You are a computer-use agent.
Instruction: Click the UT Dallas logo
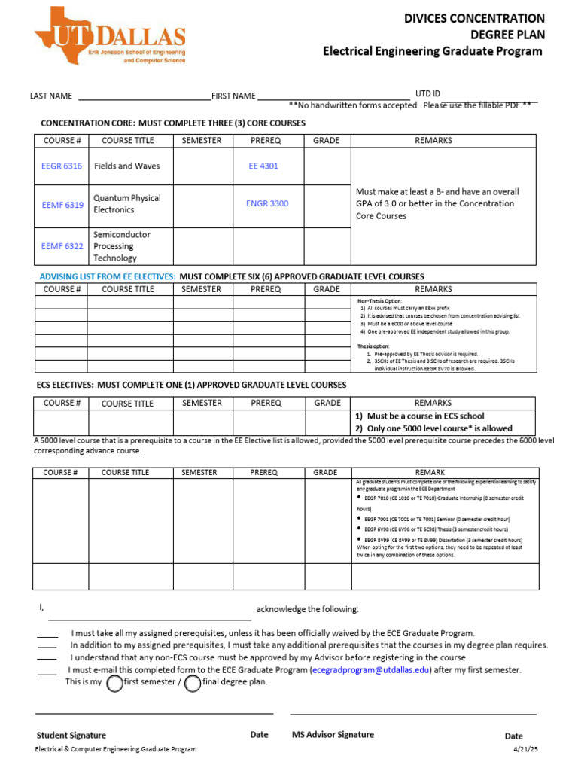coord(110,36)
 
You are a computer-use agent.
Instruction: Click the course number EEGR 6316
coord(62,166)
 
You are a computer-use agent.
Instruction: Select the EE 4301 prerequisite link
coord(263,166)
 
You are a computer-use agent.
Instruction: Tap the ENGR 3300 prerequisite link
coord(266,203)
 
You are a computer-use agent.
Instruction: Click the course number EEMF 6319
coord(62,204)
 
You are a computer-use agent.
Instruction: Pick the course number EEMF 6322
coord(62,246)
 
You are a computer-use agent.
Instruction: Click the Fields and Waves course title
coord(126,166)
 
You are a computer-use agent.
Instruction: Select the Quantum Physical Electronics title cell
coord(126,204)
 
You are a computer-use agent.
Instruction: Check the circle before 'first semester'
coord(114,683)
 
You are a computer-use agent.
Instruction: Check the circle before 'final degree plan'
coord(193,683)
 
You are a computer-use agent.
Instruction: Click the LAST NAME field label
coord(51,96)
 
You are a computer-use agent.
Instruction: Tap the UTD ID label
coord(427,93)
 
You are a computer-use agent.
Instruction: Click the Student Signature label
coord(71,735)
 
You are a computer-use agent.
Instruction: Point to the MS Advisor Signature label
coord(332,735)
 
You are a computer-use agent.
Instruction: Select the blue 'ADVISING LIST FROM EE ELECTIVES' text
coord(108,276)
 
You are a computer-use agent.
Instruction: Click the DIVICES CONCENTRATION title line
coord(474,18)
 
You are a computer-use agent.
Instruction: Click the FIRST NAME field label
coord(233,96)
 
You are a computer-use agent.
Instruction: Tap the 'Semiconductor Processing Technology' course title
coord(121,246)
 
